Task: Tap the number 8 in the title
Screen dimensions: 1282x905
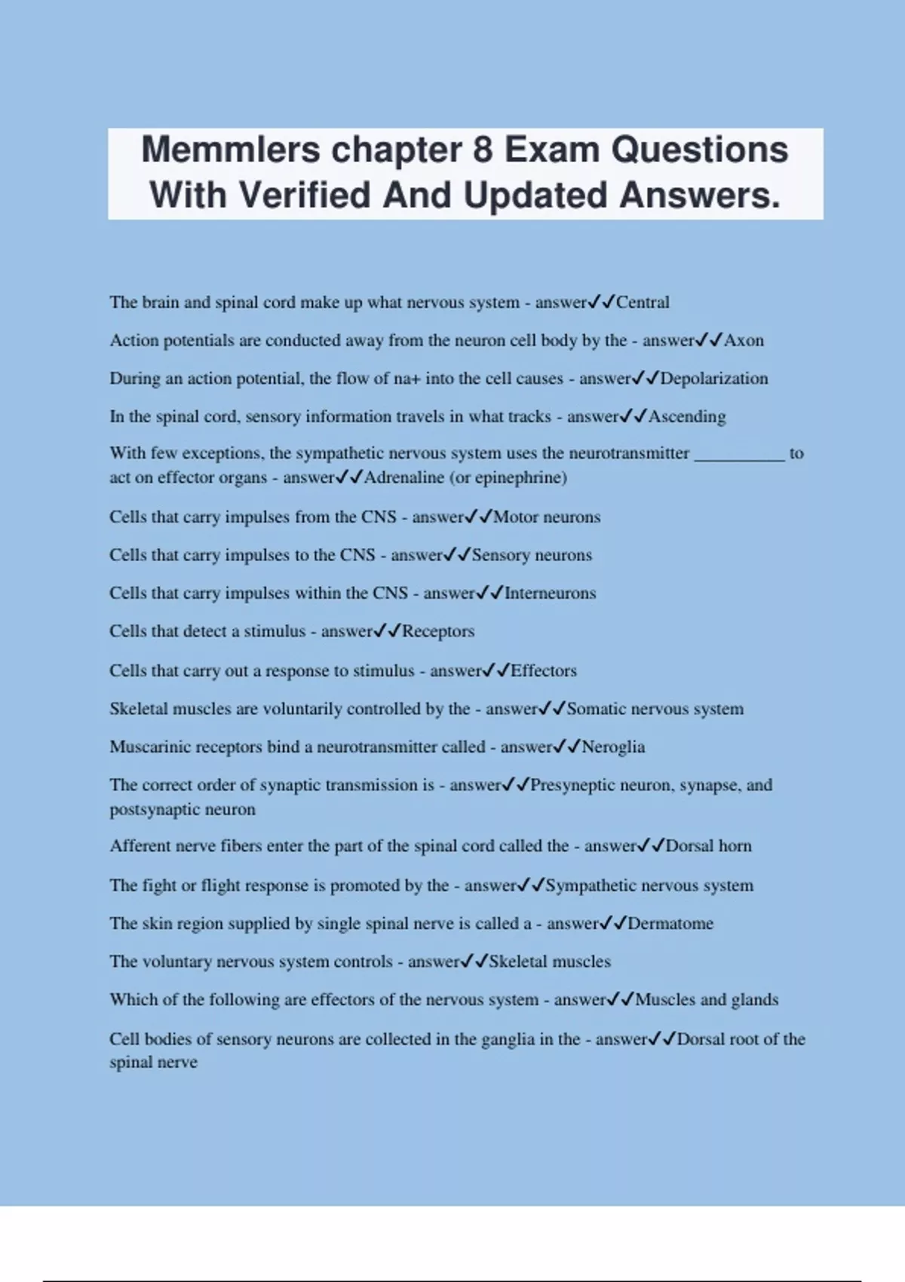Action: (x=483, y=149)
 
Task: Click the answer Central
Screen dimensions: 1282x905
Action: (x=643, y=302)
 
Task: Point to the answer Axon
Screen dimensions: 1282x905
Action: (x=744, y=341)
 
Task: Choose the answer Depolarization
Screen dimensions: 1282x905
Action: (x=713, y=379)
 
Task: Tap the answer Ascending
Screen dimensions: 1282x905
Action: (x=687, y=416)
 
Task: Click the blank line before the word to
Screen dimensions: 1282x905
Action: (x=739, y=454)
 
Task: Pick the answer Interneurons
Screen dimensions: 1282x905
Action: (x=550, y=593)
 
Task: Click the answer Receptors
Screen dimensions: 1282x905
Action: (x=438, y=631)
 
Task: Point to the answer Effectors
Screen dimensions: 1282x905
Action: (x=544, y=671)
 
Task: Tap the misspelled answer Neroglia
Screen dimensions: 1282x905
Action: (x=613, y=747)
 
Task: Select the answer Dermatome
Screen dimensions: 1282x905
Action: (x=670, y=924)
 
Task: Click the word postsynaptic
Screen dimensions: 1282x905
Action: (x=183, y=810)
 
